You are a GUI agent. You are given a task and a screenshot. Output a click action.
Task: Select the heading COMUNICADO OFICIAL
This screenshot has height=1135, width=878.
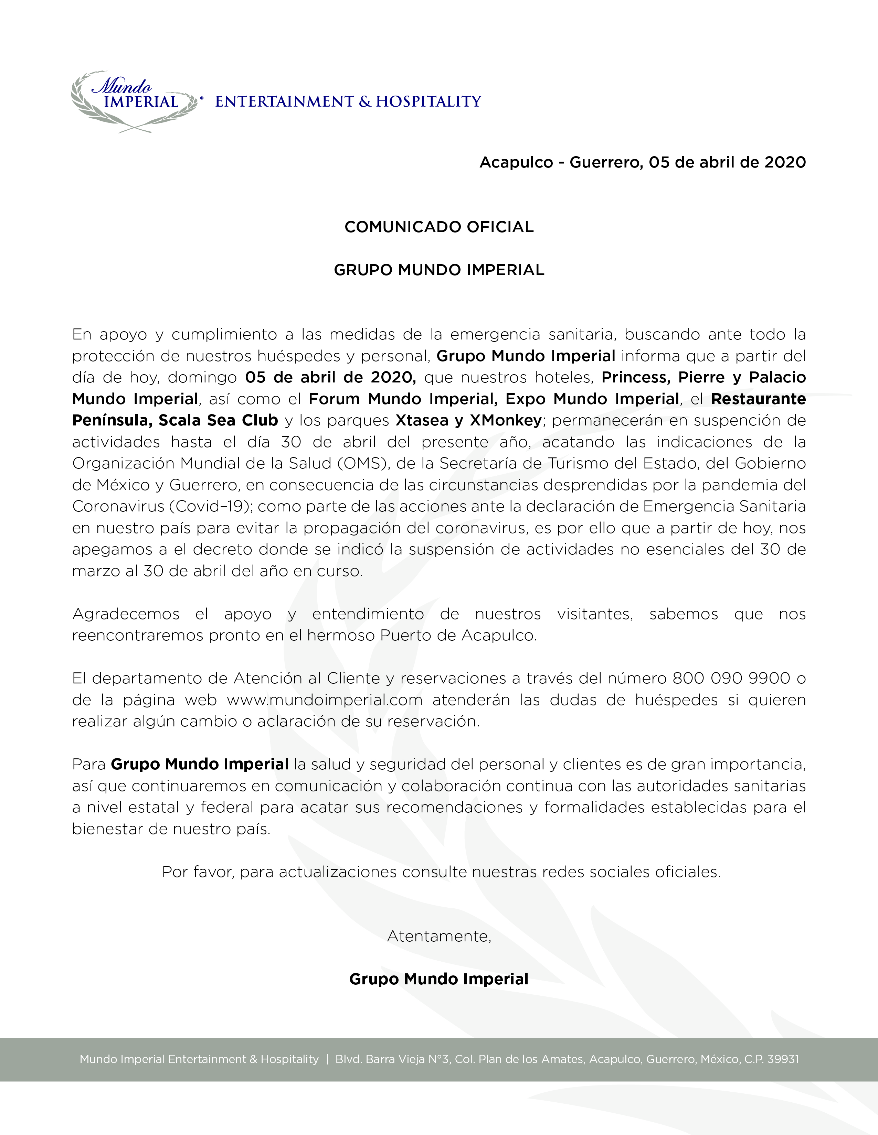click(x=439, y=227)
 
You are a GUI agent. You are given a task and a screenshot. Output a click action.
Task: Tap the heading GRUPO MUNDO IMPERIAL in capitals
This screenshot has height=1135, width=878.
click(x=439, y=270)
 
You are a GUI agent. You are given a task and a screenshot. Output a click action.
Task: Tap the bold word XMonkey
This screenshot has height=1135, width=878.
click(x=505, y=420)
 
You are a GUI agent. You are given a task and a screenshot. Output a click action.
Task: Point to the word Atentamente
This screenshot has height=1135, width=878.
click(x=439, y=937)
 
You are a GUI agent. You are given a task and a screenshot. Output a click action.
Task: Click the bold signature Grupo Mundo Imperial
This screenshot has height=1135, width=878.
click(x=439, y=980)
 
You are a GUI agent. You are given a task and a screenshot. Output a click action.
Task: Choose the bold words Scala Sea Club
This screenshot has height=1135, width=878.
click(x=219, y=420)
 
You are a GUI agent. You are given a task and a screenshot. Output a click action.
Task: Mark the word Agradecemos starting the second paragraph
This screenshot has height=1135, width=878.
click(x=126, y=614)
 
